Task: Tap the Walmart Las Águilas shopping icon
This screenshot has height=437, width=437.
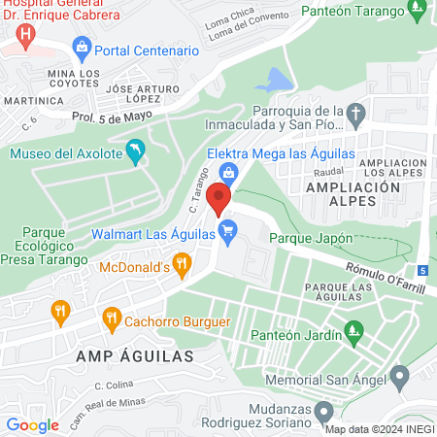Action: point(228,231)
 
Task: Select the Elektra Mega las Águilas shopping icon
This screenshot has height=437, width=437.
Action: point(229,174)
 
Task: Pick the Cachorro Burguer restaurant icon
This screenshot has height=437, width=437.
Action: point(112,319)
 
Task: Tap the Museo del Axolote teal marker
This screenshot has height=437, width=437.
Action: point(136,151)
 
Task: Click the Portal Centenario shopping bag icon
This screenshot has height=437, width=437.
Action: point(82,49)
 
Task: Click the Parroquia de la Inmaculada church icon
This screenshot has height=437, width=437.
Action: point(356,116)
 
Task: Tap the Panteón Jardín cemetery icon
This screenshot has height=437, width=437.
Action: point(356,335)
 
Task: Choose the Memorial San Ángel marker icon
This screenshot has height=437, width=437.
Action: point(399,376)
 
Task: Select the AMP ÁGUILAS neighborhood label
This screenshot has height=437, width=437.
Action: point(122,356)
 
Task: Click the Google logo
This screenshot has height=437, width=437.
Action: point(32,424)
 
